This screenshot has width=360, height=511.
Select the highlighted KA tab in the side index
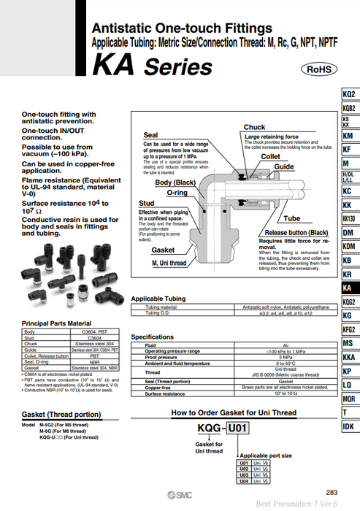(349, 288)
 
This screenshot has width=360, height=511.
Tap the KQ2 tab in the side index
(349, 95)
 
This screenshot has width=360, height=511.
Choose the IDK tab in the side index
(349, 426)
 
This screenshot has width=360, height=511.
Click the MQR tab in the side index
(349, 399)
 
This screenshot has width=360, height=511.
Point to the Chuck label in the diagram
(254, 127)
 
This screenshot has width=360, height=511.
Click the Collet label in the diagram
(270, 156)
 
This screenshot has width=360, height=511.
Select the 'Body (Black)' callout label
(174, 182)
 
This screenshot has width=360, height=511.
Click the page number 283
(332, 493)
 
